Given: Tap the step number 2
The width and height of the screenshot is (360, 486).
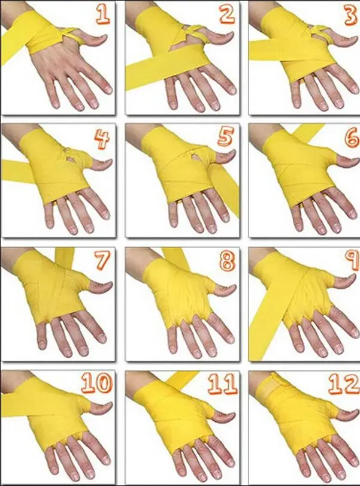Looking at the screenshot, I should tap(226, 14).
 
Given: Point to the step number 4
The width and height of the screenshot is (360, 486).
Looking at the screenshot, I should tap(102, 140).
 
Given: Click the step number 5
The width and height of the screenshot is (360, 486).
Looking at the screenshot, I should tap(226, 138).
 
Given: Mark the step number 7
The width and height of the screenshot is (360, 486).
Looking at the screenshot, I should tap(102, 262).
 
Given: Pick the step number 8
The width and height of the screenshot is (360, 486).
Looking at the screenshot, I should tap(226, 262).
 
